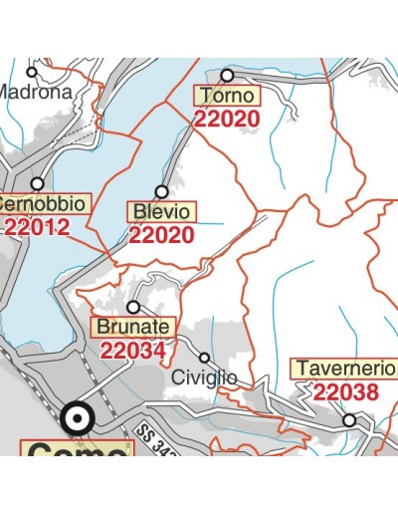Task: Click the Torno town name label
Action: tap(227, 97)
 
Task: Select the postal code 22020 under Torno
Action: tap(227, 119)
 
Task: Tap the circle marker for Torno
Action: tap(227, 75)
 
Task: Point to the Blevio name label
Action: tap(162, 212)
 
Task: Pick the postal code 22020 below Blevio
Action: tap(161, 235)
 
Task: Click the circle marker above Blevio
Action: tap(161, 191)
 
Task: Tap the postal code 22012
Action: tap(37, 226)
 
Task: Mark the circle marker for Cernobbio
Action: tap(38, 183)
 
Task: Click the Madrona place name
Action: tap(36, 92)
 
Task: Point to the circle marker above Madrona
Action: tap(32, 72)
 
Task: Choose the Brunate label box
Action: tap(132, 327)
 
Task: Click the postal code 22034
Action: tap(132, 350)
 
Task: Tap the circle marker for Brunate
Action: tap(133, 307)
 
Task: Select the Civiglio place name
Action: tap(204, 378)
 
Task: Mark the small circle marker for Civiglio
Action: tap(205, 358)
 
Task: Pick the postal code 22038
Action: tap(346, 391)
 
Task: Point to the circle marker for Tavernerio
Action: tap(350, 421)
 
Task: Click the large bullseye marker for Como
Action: tap(75, 418)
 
